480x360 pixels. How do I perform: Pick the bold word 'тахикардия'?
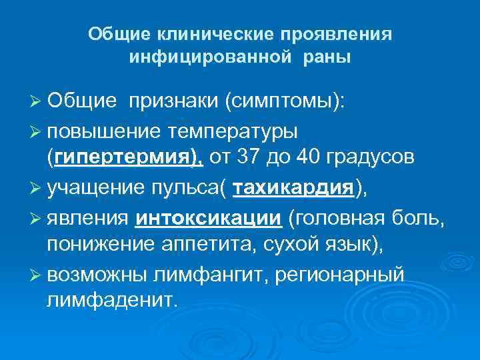293,188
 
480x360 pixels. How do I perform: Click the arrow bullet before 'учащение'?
37,188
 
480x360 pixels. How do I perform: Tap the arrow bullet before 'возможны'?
37,274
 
